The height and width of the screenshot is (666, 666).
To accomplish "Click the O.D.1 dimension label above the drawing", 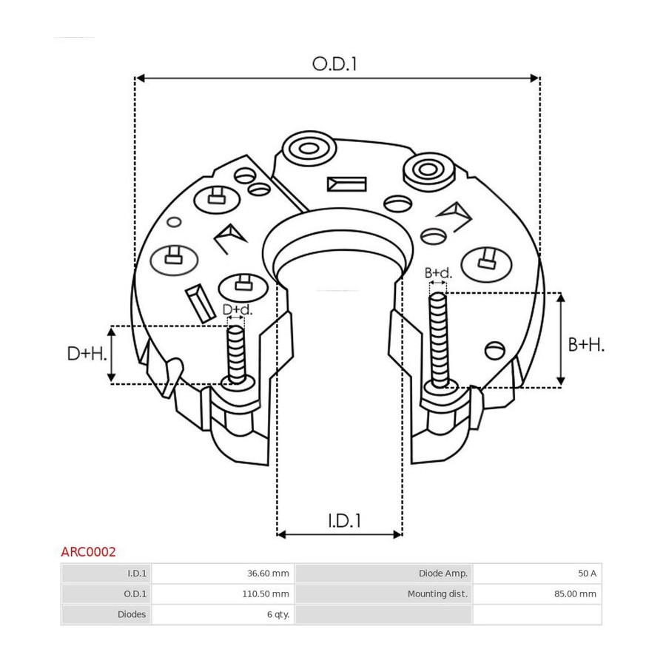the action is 334,64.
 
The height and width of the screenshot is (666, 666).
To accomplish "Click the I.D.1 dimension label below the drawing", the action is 344,521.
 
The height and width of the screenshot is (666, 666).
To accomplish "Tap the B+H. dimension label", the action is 586,345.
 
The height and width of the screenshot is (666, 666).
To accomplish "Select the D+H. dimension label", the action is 87,354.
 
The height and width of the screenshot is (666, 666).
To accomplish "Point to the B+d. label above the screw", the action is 438,272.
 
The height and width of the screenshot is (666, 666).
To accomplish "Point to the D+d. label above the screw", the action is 238,309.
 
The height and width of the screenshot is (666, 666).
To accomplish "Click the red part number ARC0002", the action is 88,552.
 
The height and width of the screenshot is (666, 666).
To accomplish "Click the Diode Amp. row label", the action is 443,573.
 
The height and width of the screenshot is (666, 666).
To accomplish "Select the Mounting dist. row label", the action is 437,593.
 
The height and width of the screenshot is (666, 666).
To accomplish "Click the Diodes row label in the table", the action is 132,614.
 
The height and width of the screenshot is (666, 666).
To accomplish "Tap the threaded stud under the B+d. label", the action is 439,340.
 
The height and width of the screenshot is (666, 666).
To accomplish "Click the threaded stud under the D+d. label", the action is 236,354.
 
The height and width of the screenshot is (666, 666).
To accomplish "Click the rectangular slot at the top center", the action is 346,184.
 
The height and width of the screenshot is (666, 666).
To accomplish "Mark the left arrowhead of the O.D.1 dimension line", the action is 140,78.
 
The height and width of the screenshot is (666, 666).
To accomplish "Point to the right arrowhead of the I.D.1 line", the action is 397,534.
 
